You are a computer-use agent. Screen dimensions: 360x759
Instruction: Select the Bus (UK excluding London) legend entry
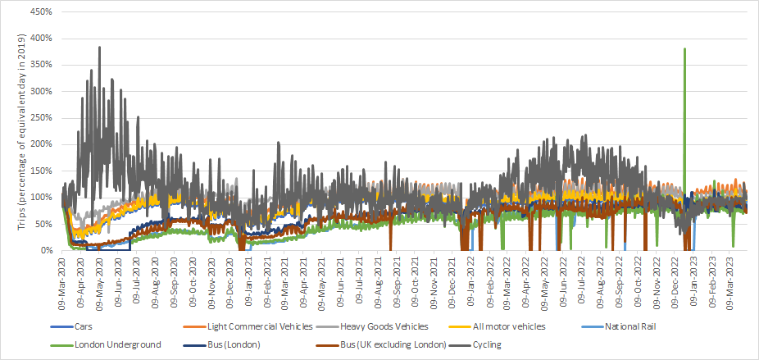click(384, 344)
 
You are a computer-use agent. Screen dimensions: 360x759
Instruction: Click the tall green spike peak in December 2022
click(684, 49)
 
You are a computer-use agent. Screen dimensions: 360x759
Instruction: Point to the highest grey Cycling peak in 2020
click(99, 48)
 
